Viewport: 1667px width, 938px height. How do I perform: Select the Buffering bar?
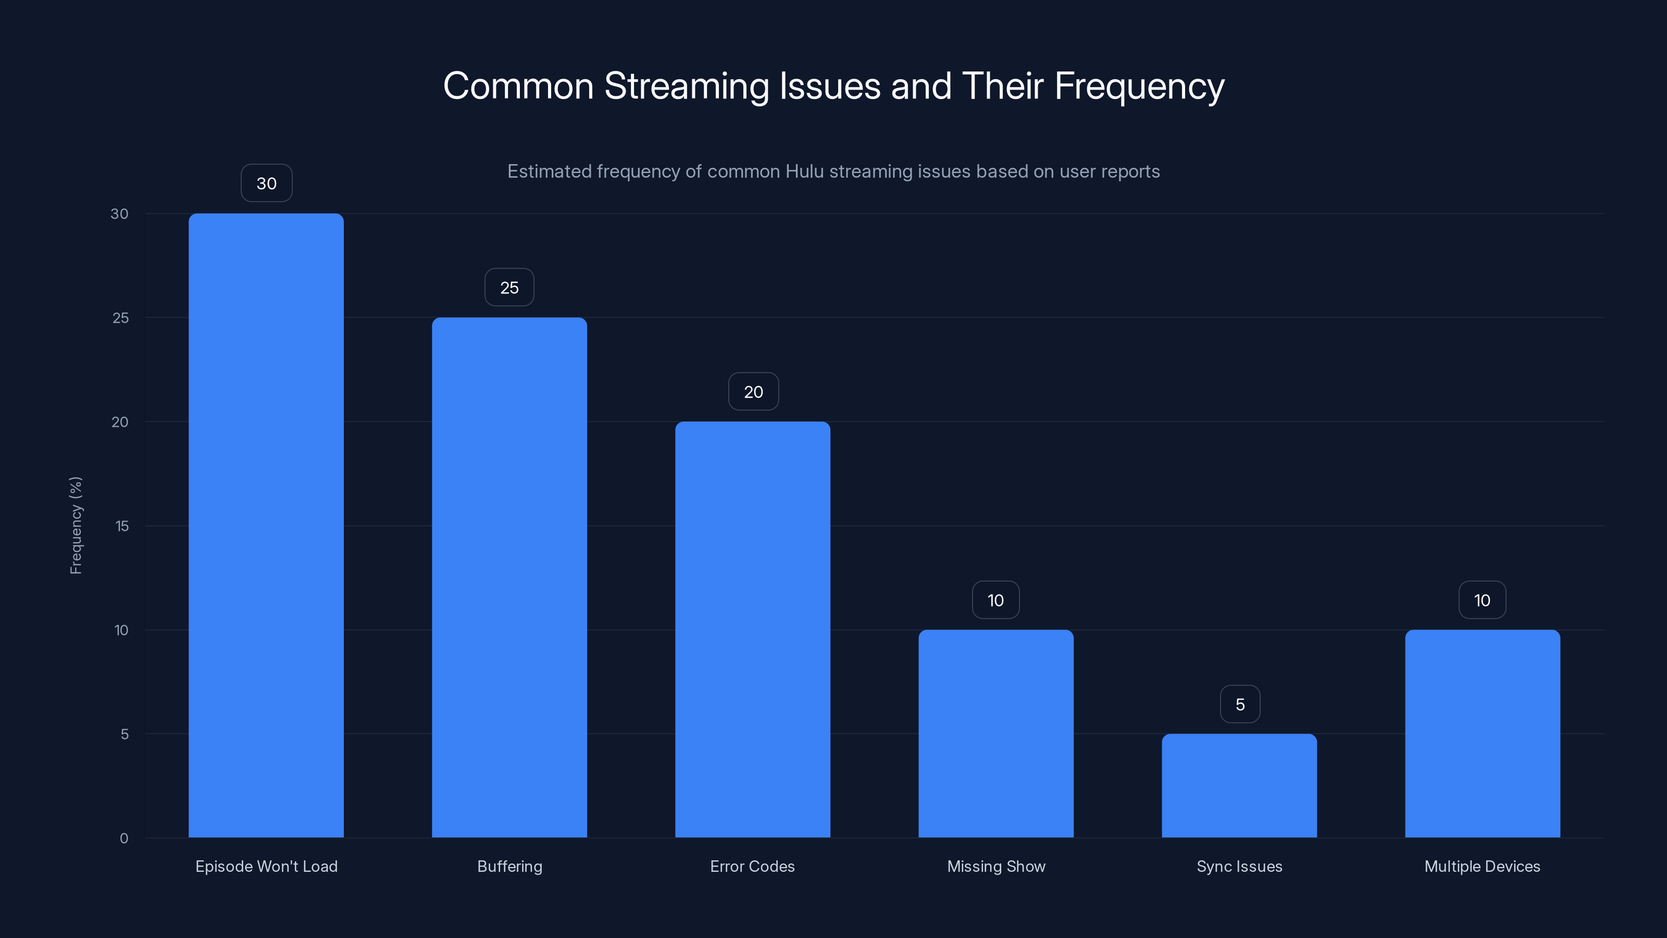point(509,577)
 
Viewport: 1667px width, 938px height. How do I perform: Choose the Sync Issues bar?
point(1239,785)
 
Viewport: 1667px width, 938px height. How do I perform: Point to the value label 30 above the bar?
point(267,183)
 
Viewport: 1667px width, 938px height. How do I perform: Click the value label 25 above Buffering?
point(509,288)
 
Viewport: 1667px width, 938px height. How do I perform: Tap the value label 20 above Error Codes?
point(753,392)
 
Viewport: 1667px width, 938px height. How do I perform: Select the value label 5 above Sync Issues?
point(1240,705)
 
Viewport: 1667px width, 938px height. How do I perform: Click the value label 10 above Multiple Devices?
point(1482,600)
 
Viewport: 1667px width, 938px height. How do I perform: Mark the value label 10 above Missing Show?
point(996,600)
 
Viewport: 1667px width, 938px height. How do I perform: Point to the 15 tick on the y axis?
point(122,526)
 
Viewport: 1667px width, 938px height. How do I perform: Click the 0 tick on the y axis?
point(123,838)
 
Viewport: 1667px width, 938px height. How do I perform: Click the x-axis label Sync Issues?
point(1239,866)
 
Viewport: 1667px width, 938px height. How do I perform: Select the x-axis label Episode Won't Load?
point(266,866)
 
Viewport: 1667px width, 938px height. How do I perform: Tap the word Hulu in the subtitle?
point(804,171)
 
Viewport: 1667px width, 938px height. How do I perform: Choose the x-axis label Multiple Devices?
point(1482,866)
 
